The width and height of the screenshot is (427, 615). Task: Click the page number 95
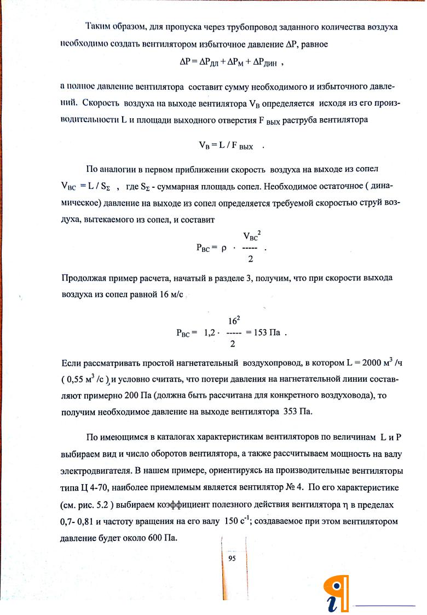tap(232, 558)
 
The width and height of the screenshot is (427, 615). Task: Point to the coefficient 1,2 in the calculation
tap(210, 332)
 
